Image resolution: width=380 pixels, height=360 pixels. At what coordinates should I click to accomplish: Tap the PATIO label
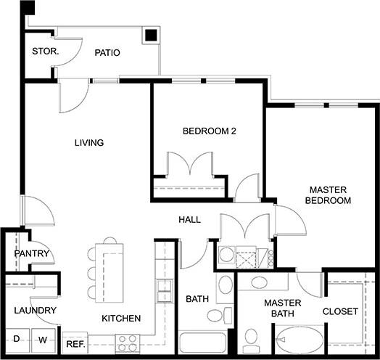point(107,53)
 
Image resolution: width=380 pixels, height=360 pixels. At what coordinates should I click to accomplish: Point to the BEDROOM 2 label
point(210,131)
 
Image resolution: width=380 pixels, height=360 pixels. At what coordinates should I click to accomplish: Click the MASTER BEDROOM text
point(328,194)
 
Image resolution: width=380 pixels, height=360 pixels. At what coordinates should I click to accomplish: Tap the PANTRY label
point(33,254)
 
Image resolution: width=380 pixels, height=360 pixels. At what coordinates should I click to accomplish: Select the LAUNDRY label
point(34,311)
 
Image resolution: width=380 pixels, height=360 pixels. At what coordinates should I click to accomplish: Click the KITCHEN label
point(120,318)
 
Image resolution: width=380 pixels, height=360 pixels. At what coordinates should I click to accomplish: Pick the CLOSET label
point(340,311)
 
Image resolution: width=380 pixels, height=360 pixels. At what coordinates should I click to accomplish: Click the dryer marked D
point(16,339)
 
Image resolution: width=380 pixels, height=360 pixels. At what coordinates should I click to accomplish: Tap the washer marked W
point(43,339)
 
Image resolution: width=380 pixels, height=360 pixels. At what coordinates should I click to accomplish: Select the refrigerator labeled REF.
point(75,343)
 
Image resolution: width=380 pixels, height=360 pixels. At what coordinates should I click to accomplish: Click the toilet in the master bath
point(252,337)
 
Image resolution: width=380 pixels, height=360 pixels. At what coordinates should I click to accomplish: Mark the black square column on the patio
point(151,35)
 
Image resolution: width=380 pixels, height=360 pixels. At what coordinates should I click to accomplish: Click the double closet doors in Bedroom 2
point(189,165)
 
